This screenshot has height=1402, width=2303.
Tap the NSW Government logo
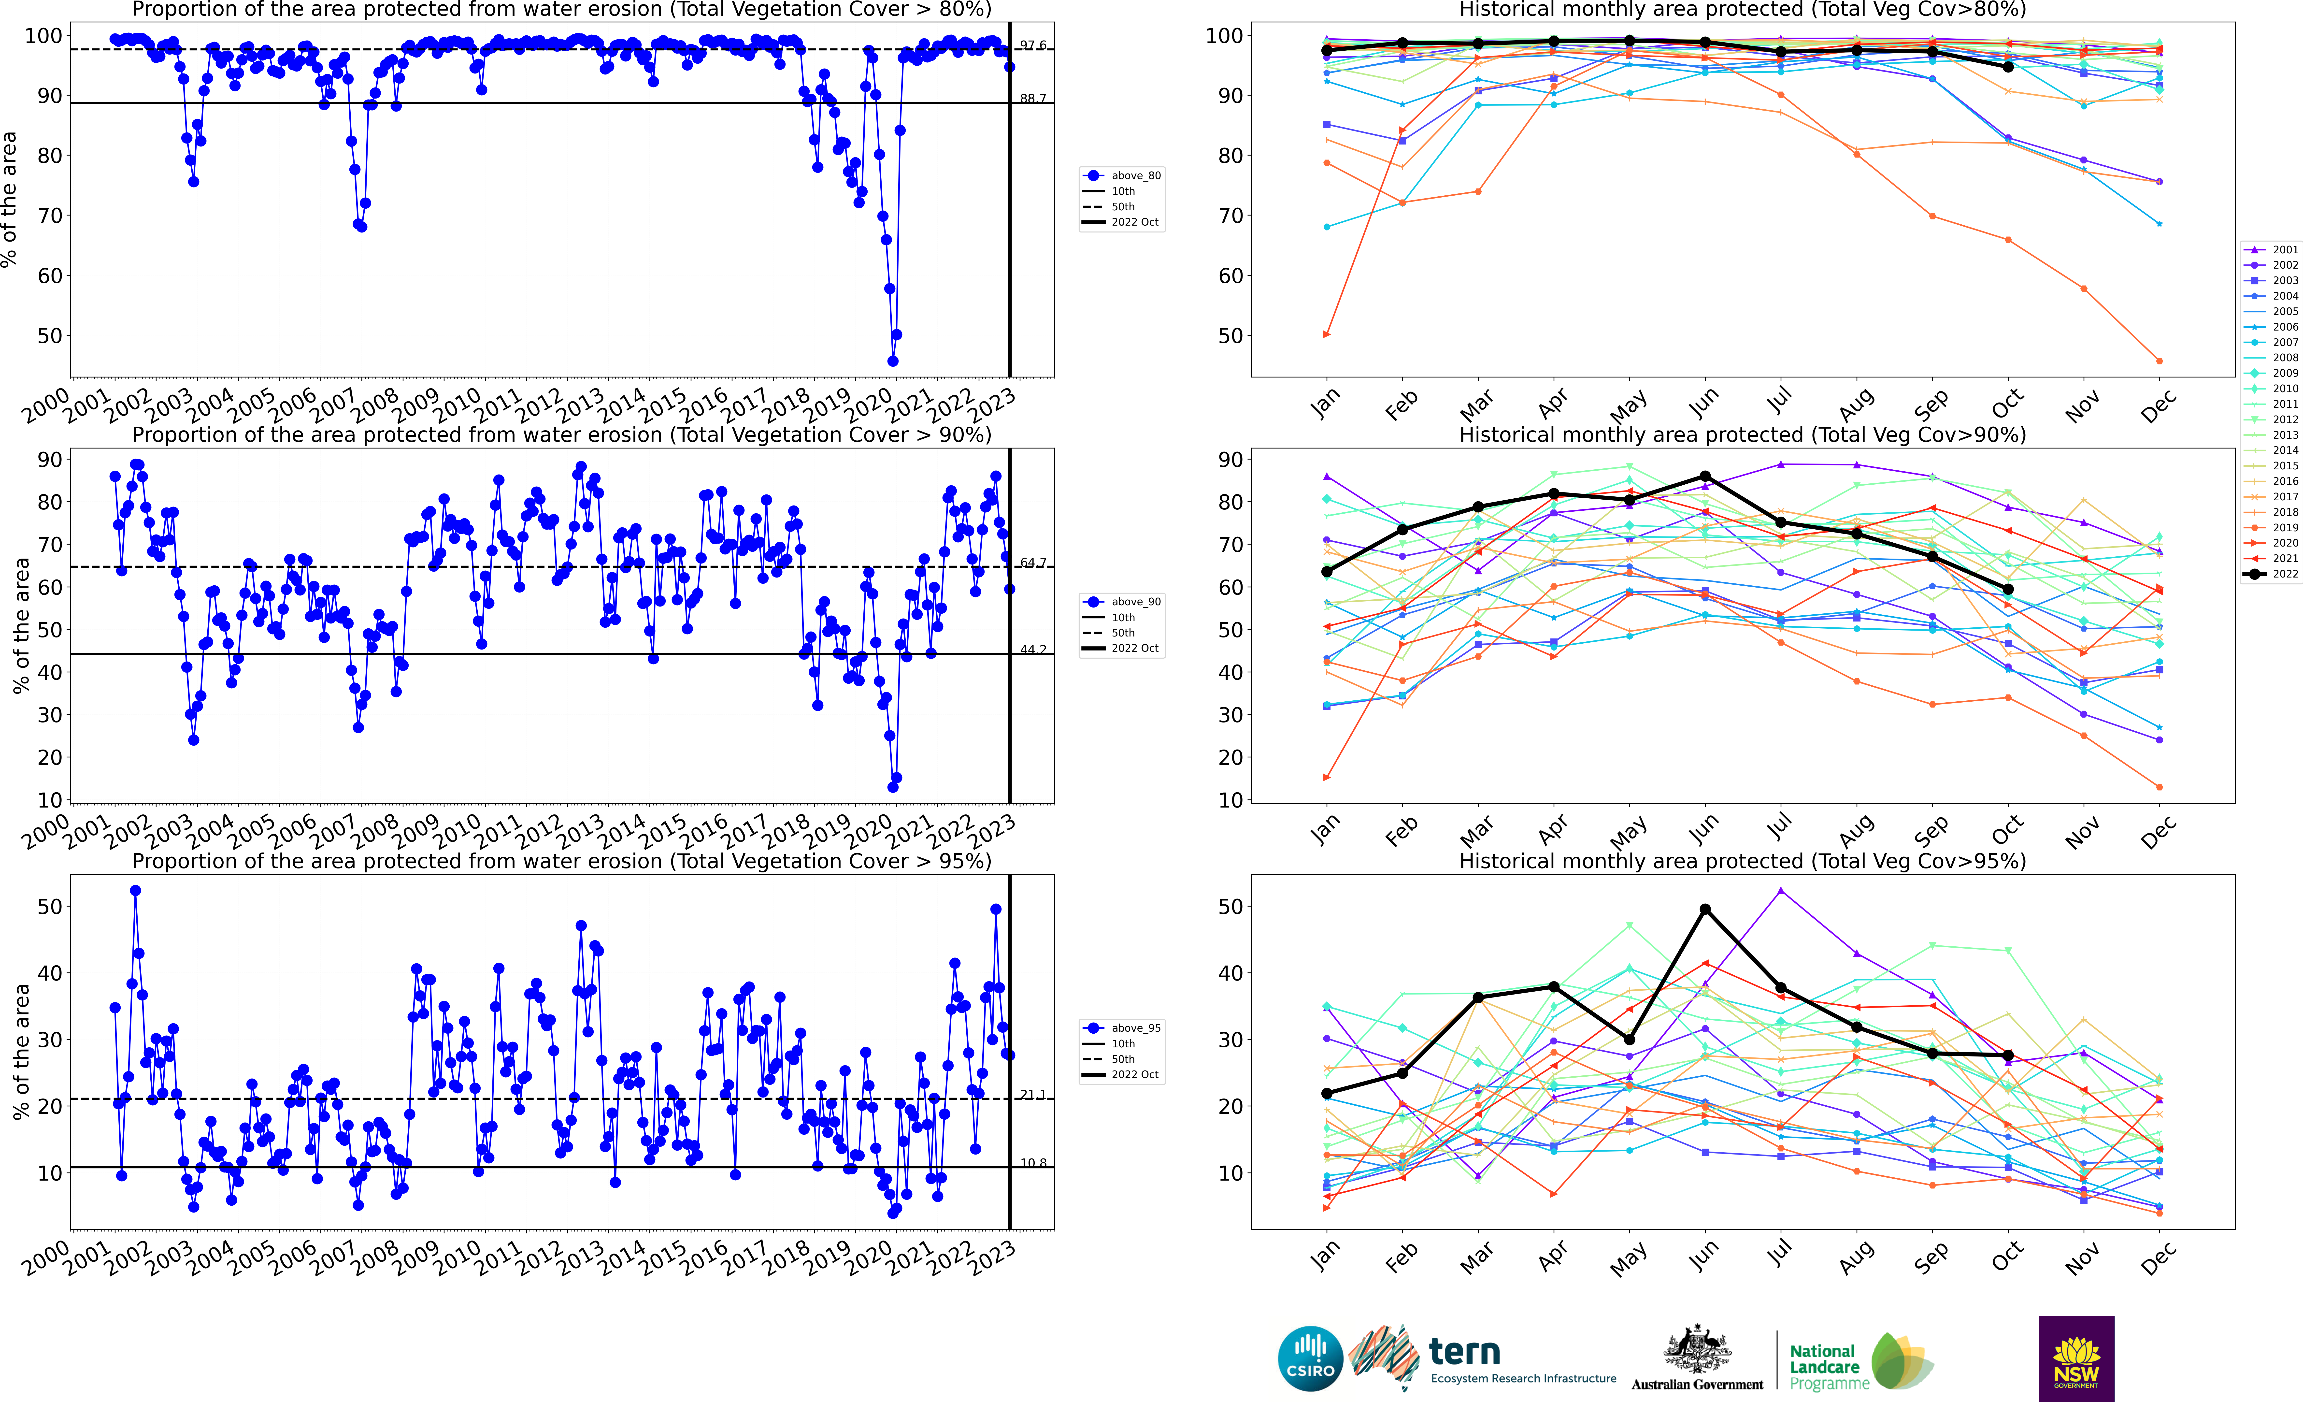click(2076, 1358)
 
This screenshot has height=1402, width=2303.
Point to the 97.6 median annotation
click(1033, 45)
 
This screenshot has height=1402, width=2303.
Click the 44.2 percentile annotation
click(1033, 650)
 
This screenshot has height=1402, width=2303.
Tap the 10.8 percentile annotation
click(1033, 1163)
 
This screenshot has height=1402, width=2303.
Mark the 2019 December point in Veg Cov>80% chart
click(2159, 361)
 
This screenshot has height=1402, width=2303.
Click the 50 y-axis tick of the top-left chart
click(50, 335)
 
